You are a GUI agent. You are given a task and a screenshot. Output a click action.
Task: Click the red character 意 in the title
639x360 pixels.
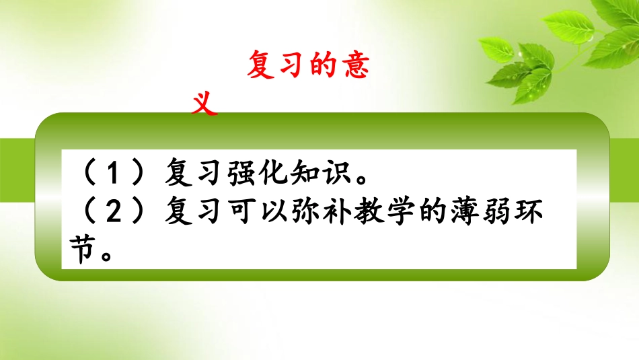355,67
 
